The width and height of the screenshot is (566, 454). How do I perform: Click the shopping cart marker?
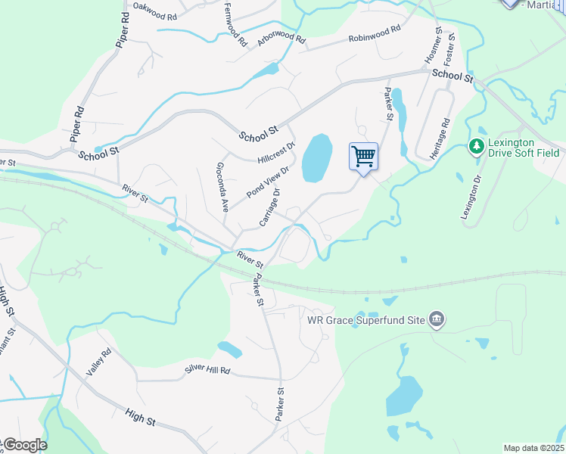(x=363, y=157)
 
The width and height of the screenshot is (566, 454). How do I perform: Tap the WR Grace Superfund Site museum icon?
(x=437, y=319)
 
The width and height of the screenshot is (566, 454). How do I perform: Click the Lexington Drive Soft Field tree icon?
(x=477, y=146)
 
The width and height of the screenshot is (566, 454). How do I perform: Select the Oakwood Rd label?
(x=154, y=11)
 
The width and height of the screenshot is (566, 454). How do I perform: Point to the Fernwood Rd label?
(x=235, y=25)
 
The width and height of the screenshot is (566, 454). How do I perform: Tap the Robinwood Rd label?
(x=374, y=33)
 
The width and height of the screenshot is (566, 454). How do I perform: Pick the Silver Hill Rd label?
(x=207, y=372)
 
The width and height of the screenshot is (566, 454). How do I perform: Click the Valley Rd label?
(x=98, y=362)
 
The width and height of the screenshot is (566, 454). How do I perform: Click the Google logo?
(x=25, y=445)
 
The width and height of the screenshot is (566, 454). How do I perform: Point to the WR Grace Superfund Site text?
(x=365, y=319)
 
